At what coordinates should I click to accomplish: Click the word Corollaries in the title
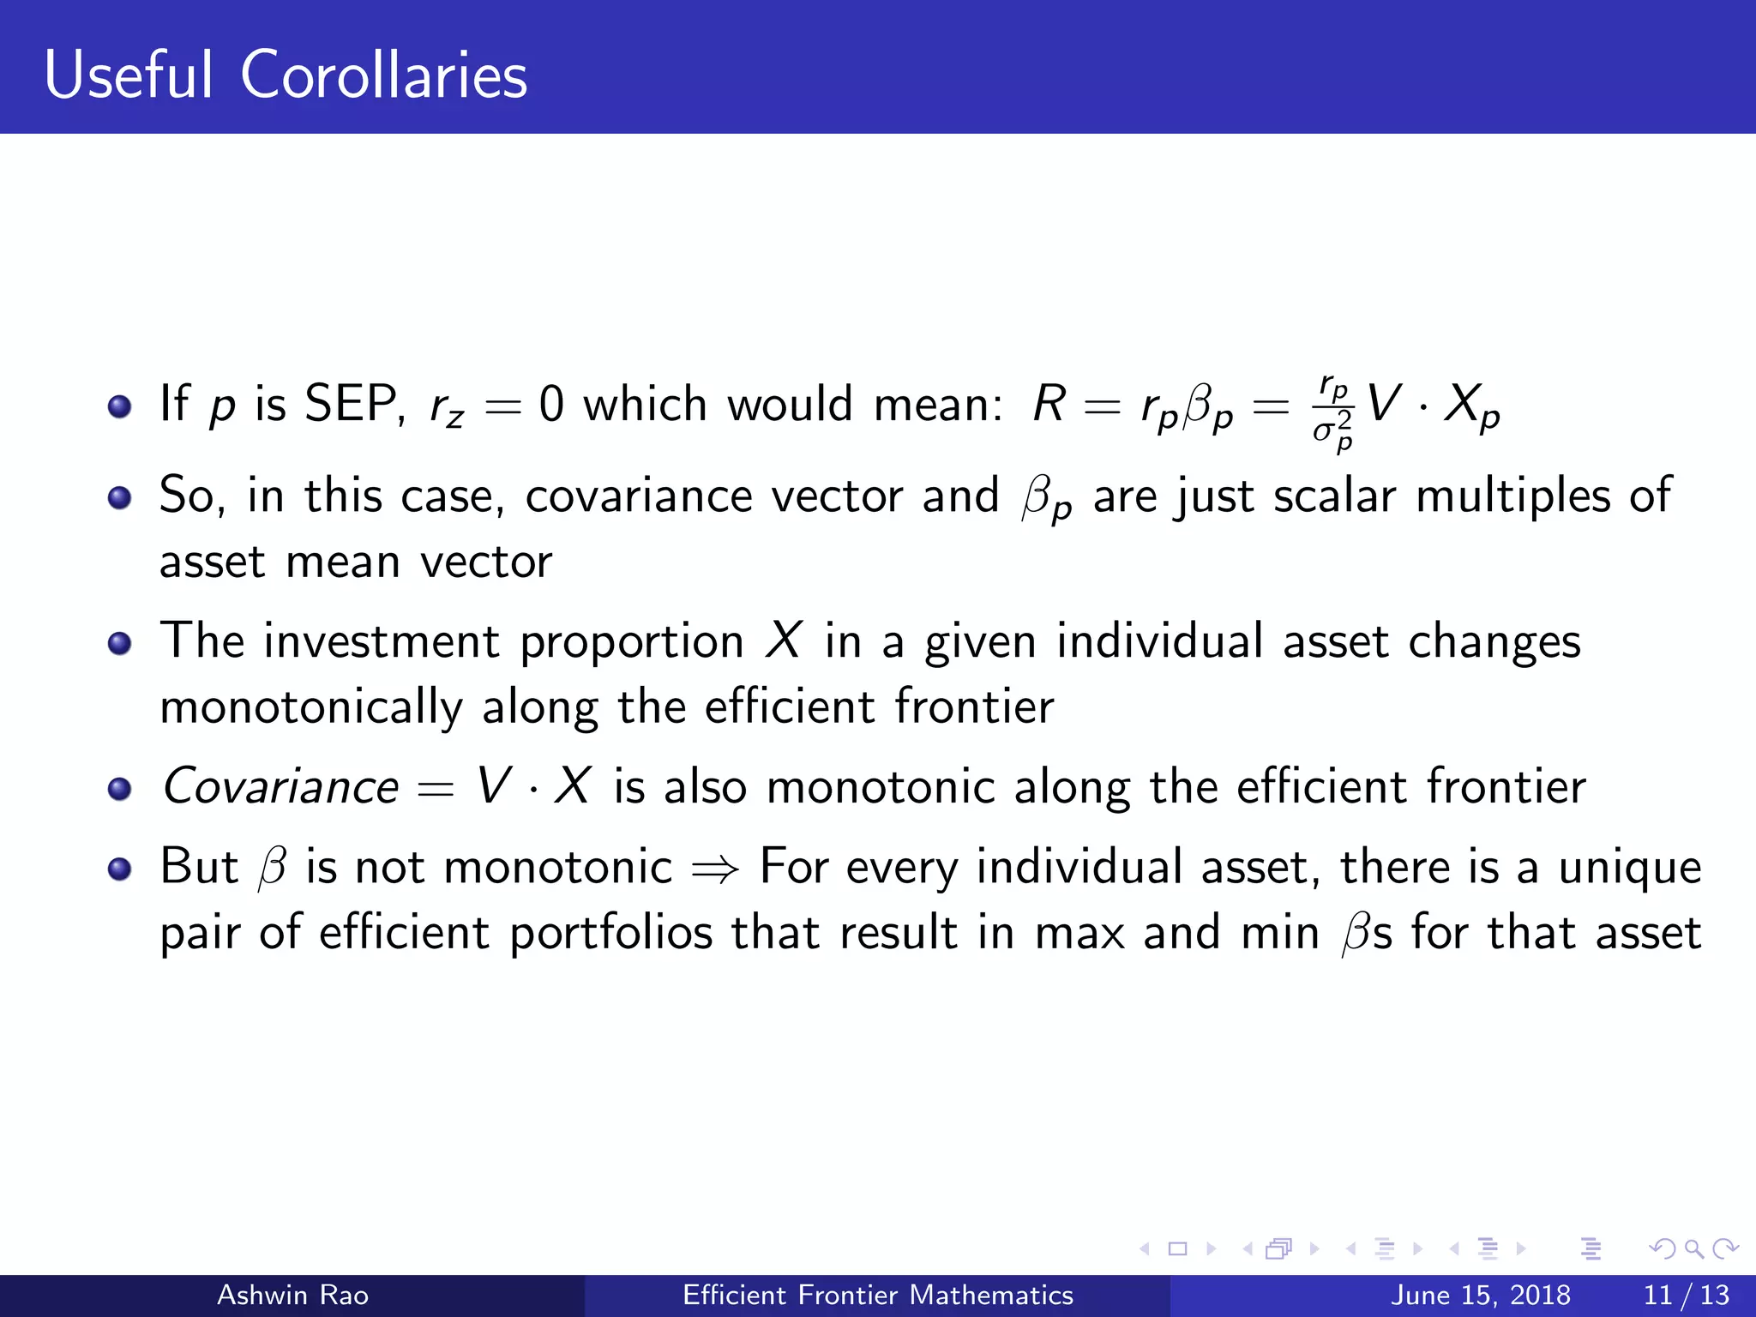[x=383, y=75]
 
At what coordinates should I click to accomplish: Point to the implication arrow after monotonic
[x=715, y=869]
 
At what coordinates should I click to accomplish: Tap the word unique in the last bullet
[x=1629, y=868]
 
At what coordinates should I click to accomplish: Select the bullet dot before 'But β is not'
[x=120, y=869]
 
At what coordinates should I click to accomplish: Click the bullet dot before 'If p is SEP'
[x=120, y=406]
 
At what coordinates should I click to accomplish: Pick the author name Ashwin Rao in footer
[x=292, y=1295]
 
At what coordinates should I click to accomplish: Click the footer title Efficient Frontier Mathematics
[x=878, y=1295]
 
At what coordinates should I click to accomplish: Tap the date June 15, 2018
[x=1480, y=1295]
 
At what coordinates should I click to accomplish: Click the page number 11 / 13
[x=1686, y=1295]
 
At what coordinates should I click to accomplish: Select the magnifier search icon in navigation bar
[x=1693, y=1248]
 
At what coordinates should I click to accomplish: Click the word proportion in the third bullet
[x=632, y=642]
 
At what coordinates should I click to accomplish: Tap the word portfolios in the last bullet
[x=610, y=933]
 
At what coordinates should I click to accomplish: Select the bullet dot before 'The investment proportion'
[x=120, y=643]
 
